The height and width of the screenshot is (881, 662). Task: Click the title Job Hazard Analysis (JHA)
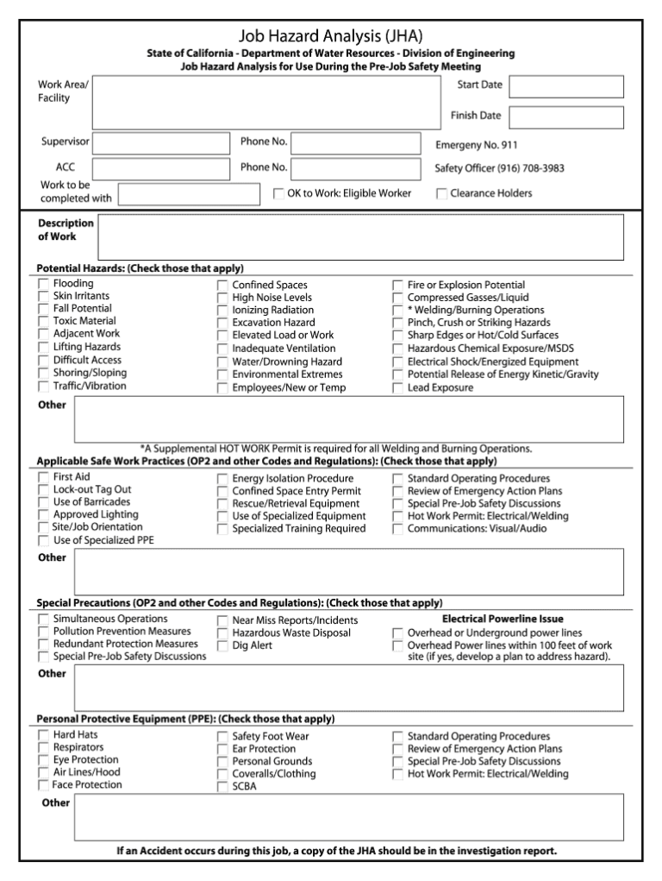point(331,36)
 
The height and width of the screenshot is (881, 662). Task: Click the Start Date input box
point(565,87)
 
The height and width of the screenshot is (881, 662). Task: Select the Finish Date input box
point(565,116)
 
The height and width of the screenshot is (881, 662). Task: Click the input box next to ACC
point(161,168)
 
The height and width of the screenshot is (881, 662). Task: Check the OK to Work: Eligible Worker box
point(279,194)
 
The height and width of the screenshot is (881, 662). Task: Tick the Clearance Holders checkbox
point(442,194)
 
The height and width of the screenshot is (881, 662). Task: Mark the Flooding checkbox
point(43,284)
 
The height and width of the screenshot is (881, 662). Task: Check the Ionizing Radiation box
point(222,311)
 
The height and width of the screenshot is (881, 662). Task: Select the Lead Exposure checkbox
point(397,388)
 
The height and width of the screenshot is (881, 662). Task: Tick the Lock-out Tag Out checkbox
point(43,490)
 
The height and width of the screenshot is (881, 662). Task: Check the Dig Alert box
point(222,645)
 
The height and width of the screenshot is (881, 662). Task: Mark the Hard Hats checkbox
point(43,735)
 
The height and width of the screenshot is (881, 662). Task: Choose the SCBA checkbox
point(222,787)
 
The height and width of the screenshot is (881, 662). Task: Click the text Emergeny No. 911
point(476,145)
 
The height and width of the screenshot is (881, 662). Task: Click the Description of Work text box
point(360,236)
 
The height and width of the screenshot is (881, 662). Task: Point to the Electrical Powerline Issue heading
point(503,619)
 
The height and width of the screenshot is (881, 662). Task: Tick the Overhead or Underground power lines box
point(397,632)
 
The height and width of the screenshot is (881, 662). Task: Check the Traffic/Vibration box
point(43,387)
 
